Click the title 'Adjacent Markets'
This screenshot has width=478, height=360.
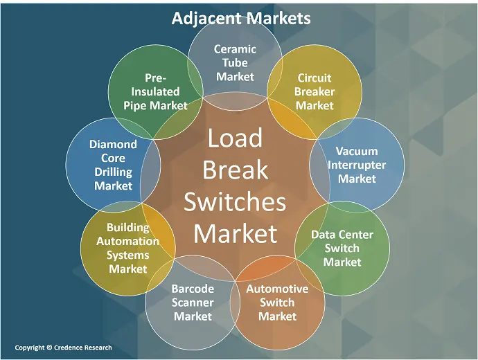tap(241, 18)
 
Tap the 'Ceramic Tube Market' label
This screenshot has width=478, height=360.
tap(235, 63)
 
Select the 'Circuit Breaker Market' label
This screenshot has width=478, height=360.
tap(315, 91)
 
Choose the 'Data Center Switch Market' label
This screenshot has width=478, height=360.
tap(342, 248)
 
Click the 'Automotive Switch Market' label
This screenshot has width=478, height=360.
tap(277, 303)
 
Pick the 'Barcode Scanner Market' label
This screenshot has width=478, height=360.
tap(193, 303)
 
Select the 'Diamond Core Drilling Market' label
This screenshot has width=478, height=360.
tap(113, 165)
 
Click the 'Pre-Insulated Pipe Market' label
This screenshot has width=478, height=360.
tap(155, 91)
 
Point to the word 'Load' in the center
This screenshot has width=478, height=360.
tap(235, 138)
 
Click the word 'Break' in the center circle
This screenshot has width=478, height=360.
tap(235, 170)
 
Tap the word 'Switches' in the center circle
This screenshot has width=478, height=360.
tap(235, 201)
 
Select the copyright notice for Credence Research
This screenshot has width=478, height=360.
tap(63, 347)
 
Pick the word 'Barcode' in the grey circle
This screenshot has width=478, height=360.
tap(193, 289)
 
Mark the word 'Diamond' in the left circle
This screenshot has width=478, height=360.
tap(113, 145)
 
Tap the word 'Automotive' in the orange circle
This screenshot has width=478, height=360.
tap(277, 289)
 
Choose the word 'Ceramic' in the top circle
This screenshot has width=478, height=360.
tap(235, 49)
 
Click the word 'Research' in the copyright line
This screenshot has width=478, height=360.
tap(94, 347)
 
